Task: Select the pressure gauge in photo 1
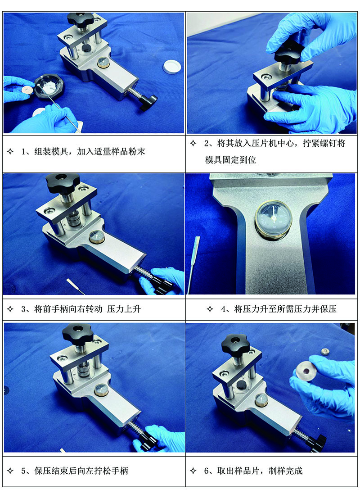(x=103, y=63)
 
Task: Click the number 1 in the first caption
(x=24, y=151)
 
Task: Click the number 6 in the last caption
(x=207, y=471)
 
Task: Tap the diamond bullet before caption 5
(x=10, y=471)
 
